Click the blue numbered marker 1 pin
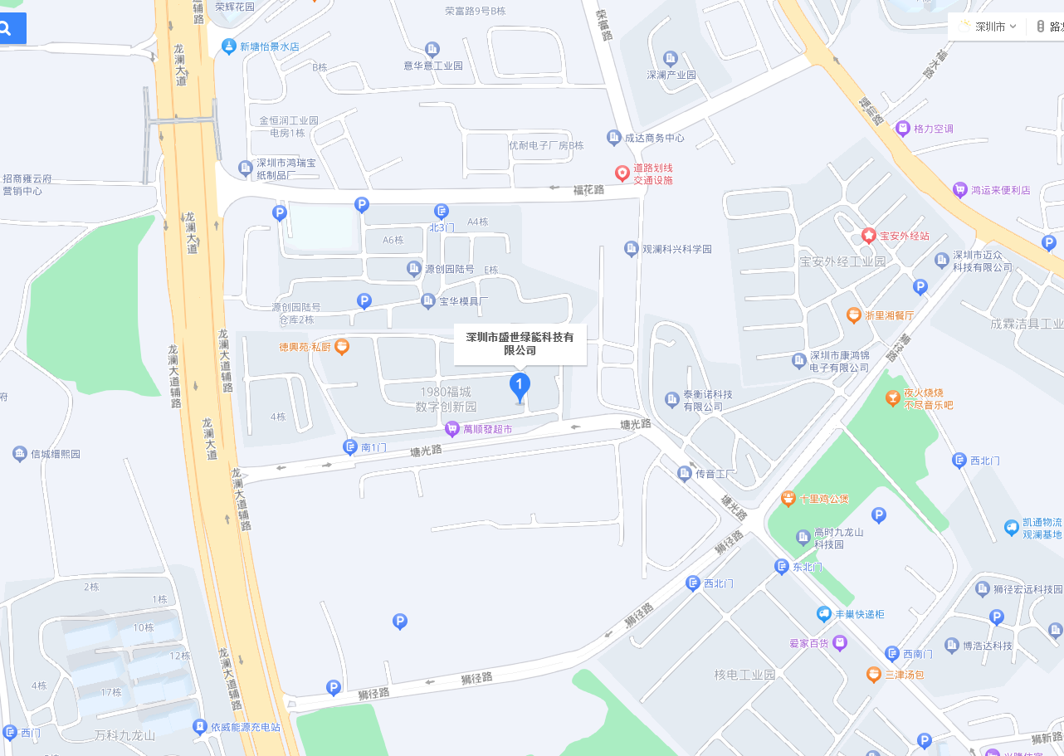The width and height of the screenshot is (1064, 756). [x=520, y=386]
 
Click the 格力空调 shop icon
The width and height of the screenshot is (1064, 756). [x=903, y=129]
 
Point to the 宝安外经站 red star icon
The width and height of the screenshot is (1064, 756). [x=868, y=236]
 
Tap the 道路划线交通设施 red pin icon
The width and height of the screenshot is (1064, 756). [x=622, y=173]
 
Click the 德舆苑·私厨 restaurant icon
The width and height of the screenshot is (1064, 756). [x=341, y=346]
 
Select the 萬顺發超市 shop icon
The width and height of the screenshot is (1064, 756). [x=452, y=429]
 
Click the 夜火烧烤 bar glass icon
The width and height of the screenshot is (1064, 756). [x=892, y=399]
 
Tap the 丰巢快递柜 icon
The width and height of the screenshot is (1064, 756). [x=823, y=614]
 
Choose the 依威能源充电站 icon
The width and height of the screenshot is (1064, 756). [x=199, y=727]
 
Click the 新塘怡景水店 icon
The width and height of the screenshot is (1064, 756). [x=229, y=47]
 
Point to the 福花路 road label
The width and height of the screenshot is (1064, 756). [x=589, y=190]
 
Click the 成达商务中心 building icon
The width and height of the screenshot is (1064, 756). [x=613, y=138]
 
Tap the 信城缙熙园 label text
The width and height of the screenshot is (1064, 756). [x=56, y=454]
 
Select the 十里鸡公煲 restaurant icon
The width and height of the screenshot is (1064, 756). [x=788, y=499]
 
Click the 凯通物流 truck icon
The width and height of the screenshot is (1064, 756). [x=1011, y=527]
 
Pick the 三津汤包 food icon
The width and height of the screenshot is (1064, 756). [x=873, y=675]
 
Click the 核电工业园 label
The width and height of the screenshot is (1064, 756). [x=744, y=675]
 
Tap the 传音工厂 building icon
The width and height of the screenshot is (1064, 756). [x=685, y=474]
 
